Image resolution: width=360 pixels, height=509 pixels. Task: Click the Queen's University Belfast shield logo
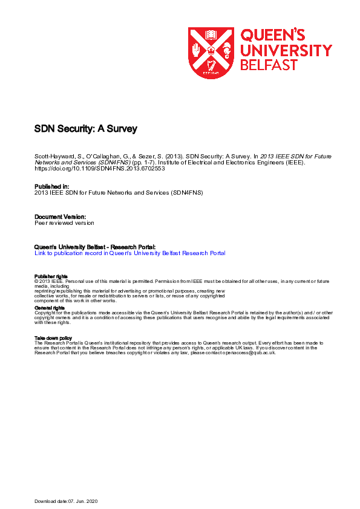point(211,53)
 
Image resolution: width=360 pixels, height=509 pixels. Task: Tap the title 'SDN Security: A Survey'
point(86,129)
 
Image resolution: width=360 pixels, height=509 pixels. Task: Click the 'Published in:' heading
point(52,187)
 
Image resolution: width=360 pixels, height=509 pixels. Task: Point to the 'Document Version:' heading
point(61,216)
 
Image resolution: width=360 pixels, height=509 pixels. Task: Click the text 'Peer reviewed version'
point(64,222)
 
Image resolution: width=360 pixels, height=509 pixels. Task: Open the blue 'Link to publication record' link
point(130,253)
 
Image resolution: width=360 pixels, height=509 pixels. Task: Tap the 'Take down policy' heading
point(53,338)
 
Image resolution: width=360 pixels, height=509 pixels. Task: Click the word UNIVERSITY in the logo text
point(286,50)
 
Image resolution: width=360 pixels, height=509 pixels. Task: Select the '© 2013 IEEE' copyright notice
point(48,282)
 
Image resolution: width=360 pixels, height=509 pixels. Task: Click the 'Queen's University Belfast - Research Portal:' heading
point(95,247)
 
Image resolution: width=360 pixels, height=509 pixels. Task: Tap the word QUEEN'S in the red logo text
point(273,35)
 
